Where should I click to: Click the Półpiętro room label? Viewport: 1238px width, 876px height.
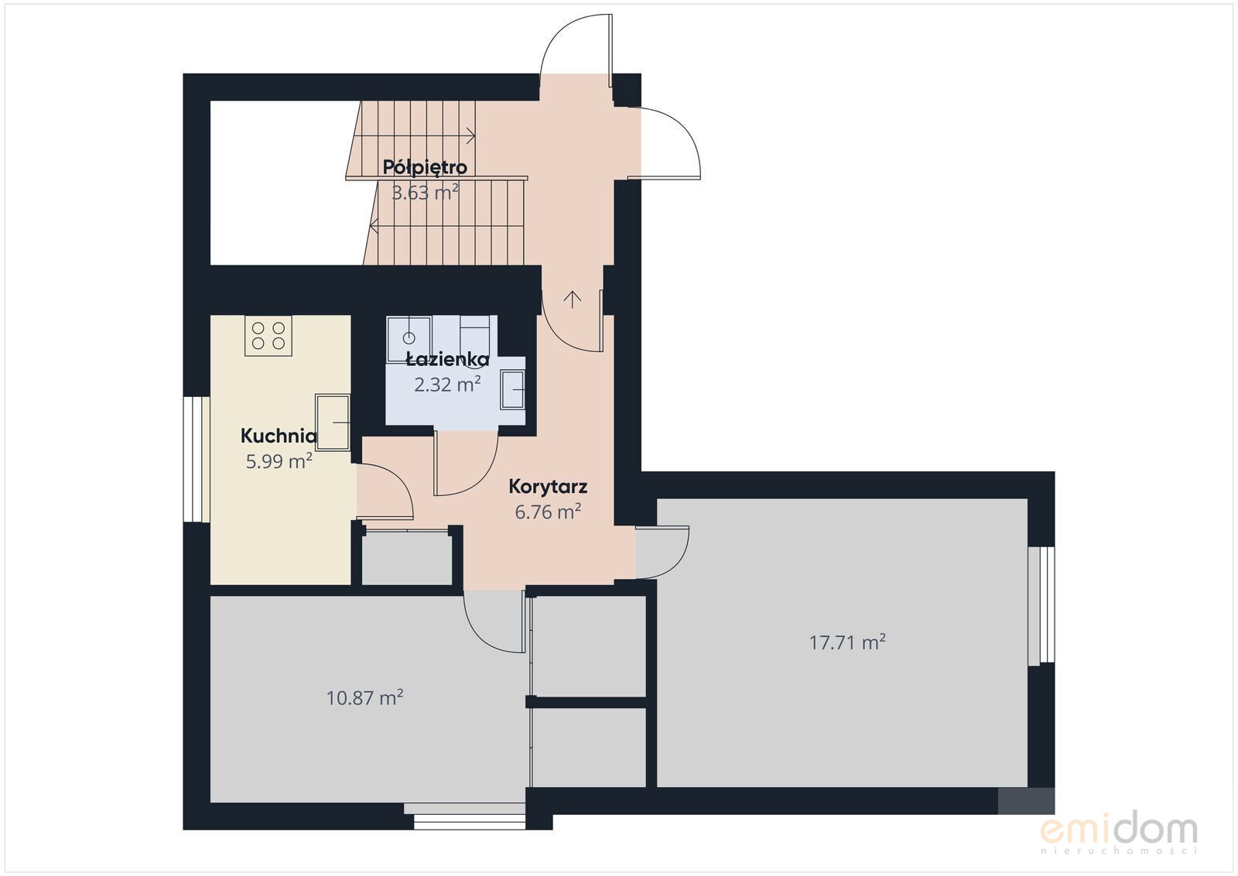tap(425, 167)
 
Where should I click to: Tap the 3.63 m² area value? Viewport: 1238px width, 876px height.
tap(425, 193)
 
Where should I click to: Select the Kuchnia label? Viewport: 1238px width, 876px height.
tap(279, 436)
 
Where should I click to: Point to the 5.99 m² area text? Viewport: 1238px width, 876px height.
tap(279, 461)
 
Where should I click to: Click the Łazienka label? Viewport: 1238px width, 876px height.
tap(448, 359)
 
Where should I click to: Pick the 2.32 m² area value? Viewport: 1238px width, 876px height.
tap(447, 384)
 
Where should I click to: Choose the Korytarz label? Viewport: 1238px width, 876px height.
tap(548, 487)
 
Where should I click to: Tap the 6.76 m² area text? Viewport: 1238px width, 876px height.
tap(548, 512)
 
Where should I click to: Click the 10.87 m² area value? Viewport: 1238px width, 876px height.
tap(364, 697)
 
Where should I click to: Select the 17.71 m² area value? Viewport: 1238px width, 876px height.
tap(847, 642)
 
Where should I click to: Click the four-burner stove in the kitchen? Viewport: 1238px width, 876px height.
tap(268, 336)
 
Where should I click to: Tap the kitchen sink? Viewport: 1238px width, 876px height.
tap(333, 423)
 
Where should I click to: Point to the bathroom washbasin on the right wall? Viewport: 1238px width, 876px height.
tap(512, 390)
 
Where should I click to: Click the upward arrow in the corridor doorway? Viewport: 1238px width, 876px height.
tap(573, 299)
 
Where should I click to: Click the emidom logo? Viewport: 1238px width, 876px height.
tap(1119, 833)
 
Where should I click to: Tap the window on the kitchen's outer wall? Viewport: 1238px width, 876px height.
tap(197, 459)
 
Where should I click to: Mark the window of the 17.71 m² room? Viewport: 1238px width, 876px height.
tap(1041, 606)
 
